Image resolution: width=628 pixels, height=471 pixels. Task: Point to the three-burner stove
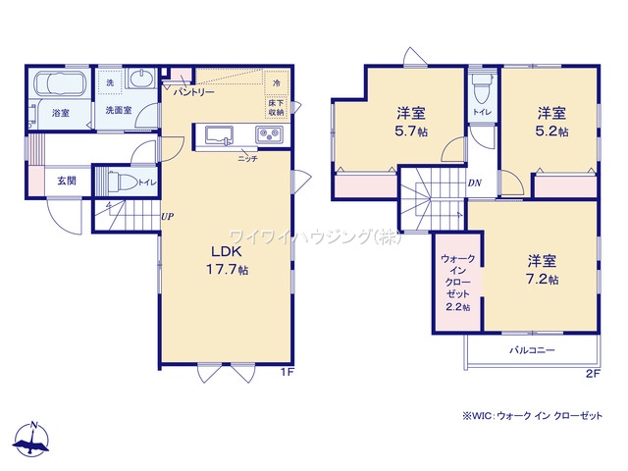[x=269, y=135]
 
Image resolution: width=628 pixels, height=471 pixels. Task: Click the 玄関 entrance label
[x=66, y=181]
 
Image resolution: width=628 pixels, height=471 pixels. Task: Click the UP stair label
[x=169, y=217]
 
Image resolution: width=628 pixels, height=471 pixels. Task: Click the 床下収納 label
[x=277, y=107]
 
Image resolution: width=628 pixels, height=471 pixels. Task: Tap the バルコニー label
[x=531, y=350]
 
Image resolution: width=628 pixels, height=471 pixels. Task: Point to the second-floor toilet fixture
[x=479, y=91]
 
